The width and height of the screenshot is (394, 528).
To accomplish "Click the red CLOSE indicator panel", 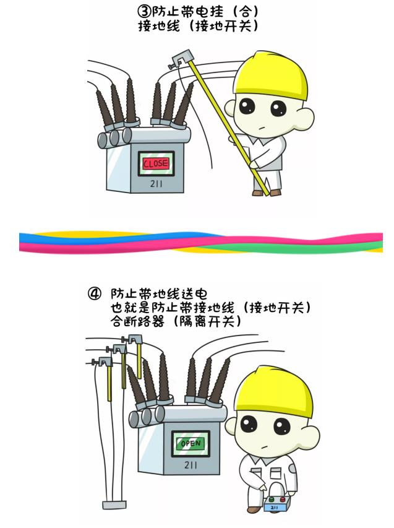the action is click(156, 163).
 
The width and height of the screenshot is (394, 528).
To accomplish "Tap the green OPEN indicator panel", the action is click(191, 443).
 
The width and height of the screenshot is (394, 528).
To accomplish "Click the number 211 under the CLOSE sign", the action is click(156, 183).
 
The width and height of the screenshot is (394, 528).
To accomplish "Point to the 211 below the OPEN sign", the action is click(191, 465).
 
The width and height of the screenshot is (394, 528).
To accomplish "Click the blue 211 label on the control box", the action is click(274, 507).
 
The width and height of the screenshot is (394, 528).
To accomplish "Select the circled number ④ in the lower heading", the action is click(94, 293).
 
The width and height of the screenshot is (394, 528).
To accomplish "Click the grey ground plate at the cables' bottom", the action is click(114, 504).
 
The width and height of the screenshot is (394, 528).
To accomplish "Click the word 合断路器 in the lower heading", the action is click(137, 322).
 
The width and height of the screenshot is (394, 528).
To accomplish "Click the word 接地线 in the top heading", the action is click(158, 25).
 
